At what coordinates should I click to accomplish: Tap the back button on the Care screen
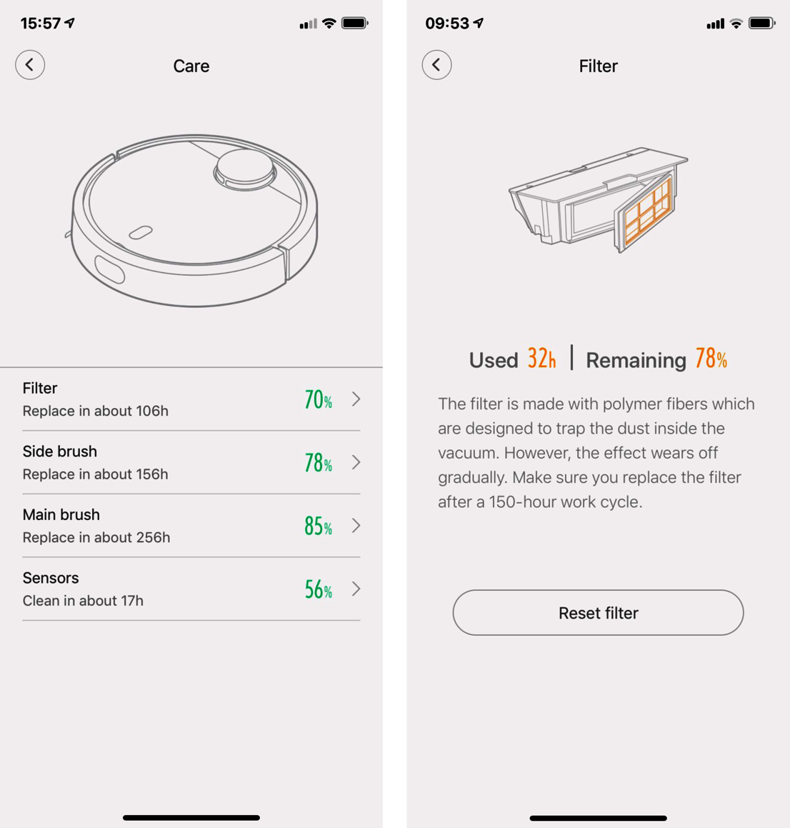(30, 65)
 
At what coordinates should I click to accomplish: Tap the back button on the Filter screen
(436, 65)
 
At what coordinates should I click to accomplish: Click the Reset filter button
(598, 612)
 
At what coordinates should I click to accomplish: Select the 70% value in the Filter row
(319, 399)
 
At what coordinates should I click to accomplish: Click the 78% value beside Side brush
(319, 463)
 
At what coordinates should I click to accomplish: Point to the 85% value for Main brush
(319, 526)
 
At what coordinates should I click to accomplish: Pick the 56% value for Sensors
(319, 589)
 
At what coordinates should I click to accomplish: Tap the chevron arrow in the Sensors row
(356, 589)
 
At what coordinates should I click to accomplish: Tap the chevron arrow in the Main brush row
(356, 525)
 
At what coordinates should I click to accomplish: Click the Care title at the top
(191, 66)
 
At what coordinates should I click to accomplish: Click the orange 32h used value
(542, 359)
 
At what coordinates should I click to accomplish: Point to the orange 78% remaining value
(711, 359)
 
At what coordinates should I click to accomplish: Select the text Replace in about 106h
(96, 411)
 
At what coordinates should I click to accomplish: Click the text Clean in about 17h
(83, 600)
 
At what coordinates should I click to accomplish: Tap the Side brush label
(60, 452)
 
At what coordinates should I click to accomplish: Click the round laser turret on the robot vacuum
(244, 169)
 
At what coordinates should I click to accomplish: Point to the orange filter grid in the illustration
(648, 211)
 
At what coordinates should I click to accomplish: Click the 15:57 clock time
(41, 24)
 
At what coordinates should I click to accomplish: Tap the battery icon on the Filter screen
(762, 24)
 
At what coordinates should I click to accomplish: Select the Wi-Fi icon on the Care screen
(329, 24)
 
